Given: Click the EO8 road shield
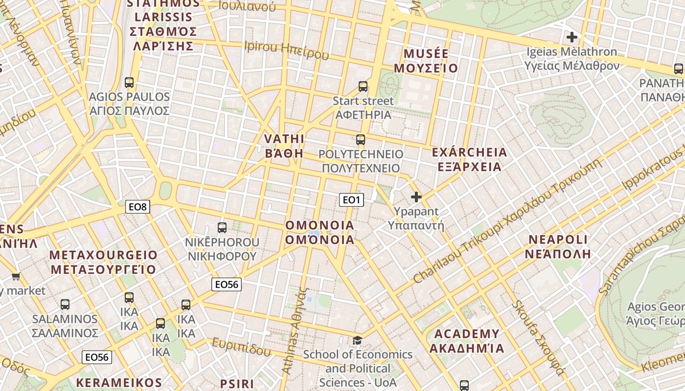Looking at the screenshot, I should (x=137, y=207).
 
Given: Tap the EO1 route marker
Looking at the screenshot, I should (x=351, y=199).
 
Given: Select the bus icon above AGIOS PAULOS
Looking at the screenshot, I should (x=129, y=82).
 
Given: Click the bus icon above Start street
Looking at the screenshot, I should (x=363, y=87).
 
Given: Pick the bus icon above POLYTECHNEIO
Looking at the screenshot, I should (x=361, y=140).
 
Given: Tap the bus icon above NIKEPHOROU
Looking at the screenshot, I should (x=222, y=227).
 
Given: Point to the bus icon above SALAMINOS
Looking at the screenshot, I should (x=65, y=304).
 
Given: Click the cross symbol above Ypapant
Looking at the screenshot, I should (x=416, y=197).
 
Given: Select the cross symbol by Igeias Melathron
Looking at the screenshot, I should (x=571, y=37).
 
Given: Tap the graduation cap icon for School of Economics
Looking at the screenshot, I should (x=358, y=340).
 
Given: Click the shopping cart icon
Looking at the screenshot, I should (x=16, y=276).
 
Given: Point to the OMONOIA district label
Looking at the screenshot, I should (x=320, y=232).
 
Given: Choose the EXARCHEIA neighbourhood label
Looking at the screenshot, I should (x=469, y=159).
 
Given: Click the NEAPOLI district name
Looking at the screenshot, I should (x=558, y=246).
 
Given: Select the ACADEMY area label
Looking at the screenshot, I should (x=467, y=341).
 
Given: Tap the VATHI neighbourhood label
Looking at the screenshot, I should (x=284, y=146).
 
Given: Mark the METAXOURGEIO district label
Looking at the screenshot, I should (x=103, y=262).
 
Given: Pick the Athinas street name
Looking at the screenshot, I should (x=295, y=332).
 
